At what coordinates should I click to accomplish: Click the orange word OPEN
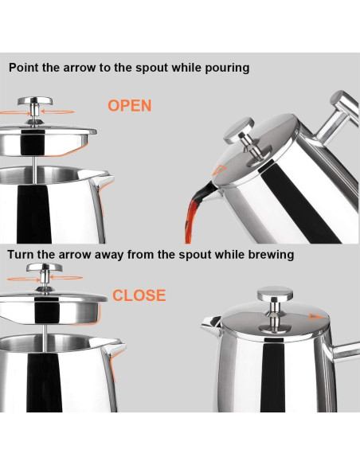click(x=129, y=105)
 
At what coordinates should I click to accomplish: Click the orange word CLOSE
click(x=139, y=295)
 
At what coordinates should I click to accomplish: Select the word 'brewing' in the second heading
click(x=263, y=255)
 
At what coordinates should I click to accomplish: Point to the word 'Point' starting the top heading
click(x=25, y=68)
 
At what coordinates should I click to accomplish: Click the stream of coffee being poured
click(x=194, y=213)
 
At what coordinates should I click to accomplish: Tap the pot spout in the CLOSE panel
click(x=117, y=347)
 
